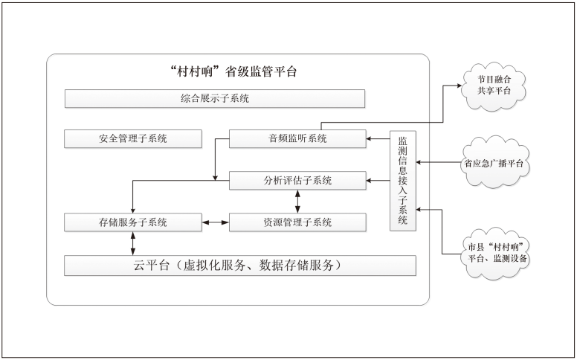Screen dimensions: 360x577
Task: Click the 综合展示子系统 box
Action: coord(215,98)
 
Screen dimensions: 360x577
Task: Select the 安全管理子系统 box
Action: coord(133,139)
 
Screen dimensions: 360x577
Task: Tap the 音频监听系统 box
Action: coord(297,139)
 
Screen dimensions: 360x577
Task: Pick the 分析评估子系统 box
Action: coord(297,181)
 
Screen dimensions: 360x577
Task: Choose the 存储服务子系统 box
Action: coord(133,222)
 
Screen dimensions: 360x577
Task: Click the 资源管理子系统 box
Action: coord(297,222)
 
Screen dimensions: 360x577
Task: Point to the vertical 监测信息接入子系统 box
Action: coord(403,180)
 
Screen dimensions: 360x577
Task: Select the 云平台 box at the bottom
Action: coord(239,266)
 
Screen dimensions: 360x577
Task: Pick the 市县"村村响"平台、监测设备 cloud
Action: coord(493,252)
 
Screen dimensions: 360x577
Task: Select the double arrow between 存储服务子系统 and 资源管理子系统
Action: coord(215,222)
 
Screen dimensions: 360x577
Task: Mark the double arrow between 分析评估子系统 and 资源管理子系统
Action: coord(298,202)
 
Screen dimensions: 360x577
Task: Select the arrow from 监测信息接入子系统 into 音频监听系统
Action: coord(378,139)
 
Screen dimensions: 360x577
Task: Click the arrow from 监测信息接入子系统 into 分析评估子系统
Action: coord(378,181)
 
